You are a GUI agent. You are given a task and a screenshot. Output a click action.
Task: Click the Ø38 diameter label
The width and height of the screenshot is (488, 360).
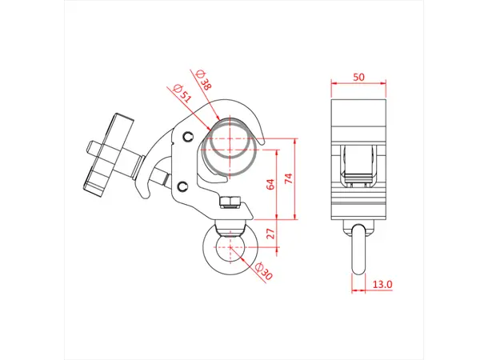tap(204, 78)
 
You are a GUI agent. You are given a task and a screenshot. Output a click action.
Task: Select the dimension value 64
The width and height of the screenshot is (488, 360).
tap(270, 183)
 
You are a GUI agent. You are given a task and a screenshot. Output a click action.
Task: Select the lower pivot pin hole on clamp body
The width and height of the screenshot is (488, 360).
tap(184, 187)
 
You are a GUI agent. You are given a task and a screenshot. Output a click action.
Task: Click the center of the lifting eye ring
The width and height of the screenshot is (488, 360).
tap(232, 247)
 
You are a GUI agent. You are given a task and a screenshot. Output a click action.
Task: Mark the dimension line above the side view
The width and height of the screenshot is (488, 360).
tap(359, 86)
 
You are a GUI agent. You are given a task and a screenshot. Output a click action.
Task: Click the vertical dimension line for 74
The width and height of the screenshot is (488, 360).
tap(296, 182)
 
